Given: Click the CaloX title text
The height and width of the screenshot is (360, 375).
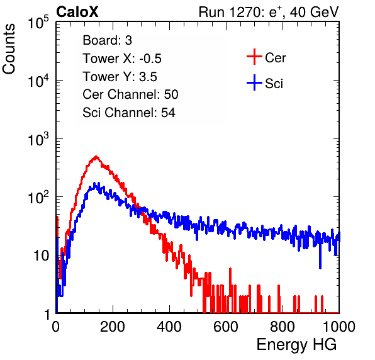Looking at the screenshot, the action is click(77, 12).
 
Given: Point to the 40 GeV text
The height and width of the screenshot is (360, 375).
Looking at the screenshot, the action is click(314, 12).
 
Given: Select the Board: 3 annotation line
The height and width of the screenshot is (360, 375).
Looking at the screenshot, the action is click(107, 40).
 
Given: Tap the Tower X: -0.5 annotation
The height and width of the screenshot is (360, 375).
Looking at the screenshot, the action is click(122, 59).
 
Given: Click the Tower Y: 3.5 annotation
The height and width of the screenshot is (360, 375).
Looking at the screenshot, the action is click(120, 77).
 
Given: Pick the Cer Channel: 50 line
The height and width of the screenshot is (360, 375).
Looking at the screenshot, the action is click(130, 94).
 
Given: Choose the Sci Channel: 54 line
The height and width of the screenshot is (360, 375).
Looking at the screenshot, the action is click(129, 113).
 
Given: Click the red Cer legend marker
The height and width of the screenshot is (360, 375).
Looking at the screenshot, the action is click(254, 57).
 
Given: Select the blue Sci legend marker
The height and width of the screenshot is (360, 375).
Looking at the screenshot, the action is click(254, 82).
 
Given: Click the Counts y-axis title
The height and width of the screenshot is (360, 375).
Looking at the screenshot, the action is click(9, 49).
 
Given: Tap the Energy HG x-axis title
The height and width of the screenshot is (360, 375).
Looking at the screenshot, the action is click(296, 344).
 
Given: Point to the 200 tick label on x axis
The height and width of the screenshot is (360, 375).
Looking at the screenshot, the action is click(113, 327).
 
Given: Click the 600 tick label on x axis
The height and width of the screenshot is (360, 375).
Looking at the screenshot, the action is click(226, 327).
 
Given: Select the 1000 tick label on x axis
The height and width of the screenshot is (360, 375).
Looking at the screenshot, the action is click(339, 327).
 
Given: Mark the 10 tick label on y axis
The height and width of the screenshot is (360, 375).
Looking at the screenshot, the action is click(42, 256).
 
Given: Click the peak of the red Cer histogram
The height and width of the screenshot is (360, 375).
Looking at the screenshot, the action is click(96, 157).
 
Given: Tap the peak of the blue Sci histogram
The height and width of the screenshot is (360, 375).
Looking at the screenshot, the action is click(94, 184).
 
